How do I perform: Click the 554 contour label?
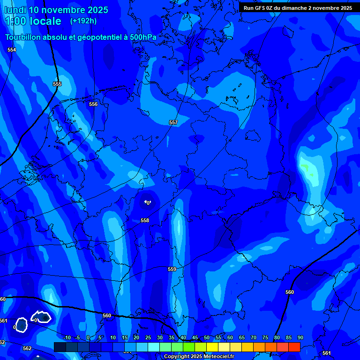click(12, 50)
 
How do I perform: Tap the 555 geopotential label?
click(57, 84)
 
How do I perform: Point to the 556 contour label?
click(93, 104)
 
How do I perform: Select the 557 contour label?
click(173, 122)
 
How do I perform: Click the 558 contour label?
click(145, 220)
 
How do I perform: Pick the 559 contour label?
click(172, 269)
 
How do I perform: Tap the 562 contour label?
click(27, 348)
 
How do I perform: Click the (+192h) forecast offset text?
click(83, 21)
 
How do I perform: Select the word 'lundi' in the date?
click(15, 10)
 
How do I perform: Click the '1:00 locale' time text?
click(33, 21)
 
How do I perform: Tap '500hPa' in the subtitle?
click(143, 37)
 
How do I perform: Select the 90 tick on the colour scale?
click(300, 337)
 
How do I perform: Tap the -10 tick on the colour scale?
click(67, 337)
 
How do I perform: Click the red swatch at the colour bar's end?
click(294, 347)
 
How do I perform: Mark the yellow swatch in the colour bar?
click(212, 347)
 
